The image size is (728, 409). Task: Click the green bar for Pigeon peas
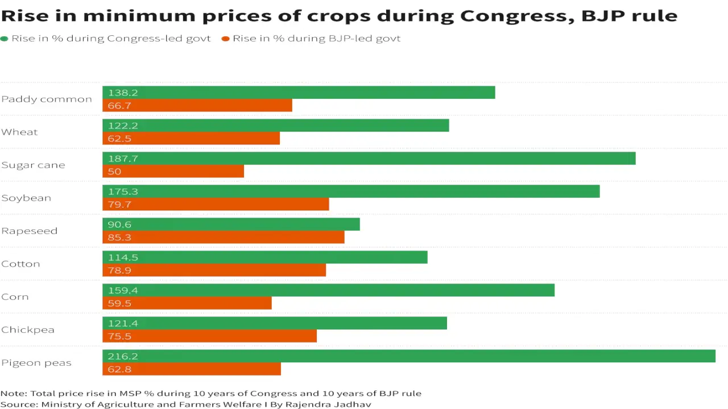click(x=408, y=356)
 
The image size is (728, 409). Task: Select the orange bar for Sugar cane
click(x=173, y=172)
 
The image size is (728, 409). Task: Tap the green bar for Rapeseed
click(x=231, y=224)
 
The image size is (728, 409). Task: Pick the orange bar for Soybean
click(x=216, y=204)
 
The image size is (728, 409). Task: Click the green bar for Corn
click(x=328, y=290)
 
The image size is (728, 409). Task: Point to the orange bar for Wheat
click(x=191, y=139)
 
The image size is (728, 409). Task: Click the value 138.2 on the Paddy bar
click(x=123, y=93)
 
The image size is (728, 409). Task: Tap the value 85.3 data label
click(x=119, y=237)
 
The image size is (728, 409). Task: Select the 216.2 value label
click(x=123, y=356)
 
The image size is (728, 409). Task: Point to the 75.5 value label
click(x=119, y=336)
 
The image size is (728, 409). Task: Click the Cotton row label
click(x=20, y=264)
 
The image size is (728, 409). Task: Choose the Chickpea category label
click(x=28, y=330)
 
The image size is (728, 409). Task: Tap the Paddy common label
click(x=47, y=99)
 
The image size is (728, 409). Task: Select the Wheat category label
click(x=19, y=132)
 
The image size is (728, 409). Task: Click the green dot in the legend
click(x=5, y=39)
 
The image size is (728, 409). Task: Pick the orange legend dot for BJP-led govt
click(x=226, y=39)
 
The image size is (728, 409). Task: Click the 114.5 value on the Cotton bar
click(x=123, y=257)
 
